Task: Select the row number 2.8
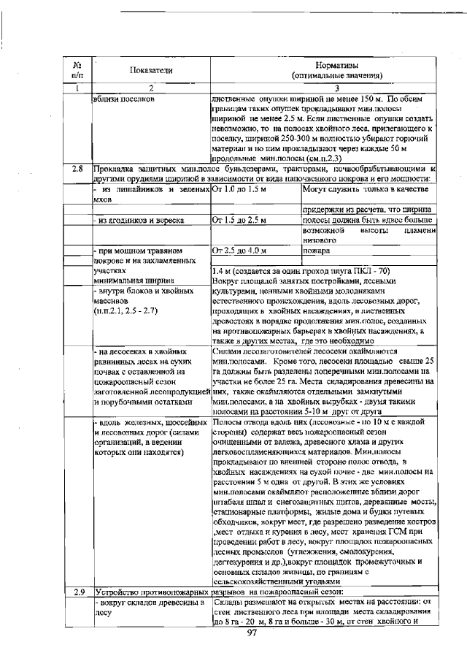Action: (78, 168)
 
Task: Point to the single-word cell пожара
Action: (316, 251)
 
